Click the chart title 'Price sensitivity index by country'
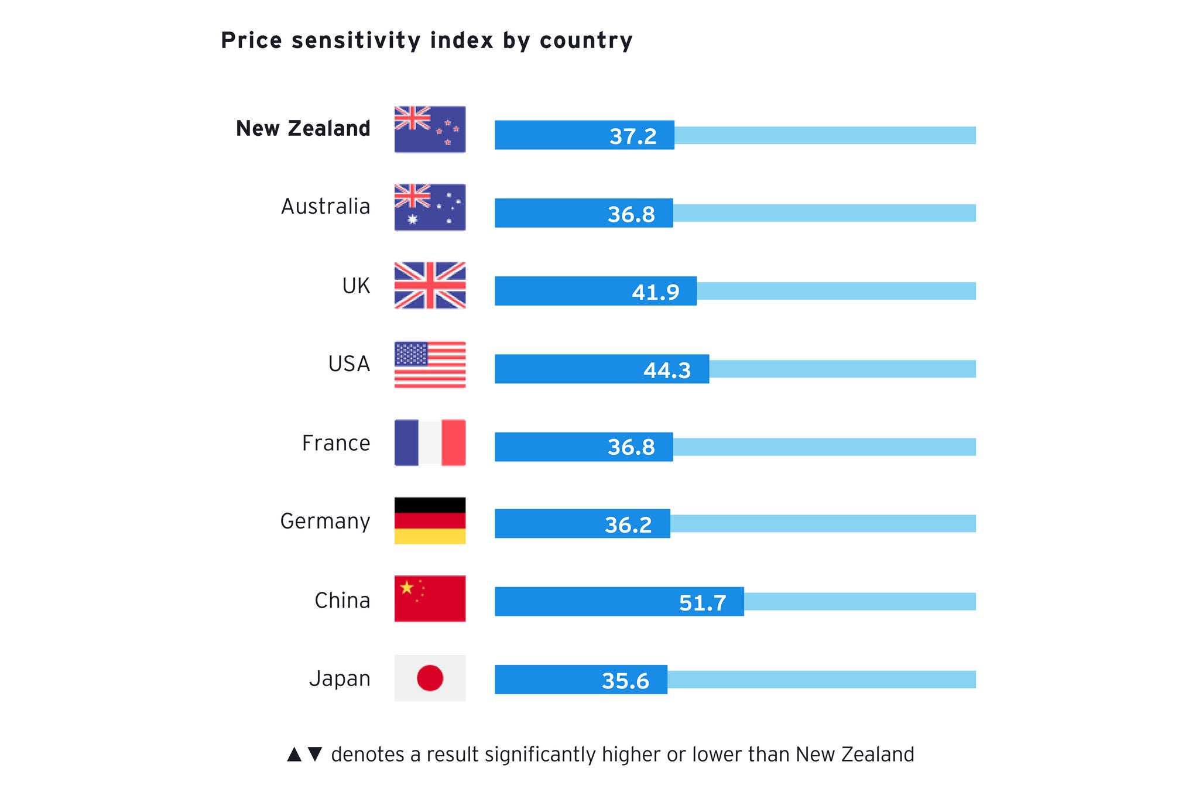click(x=427, y=40)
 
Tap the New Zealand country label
click(x=303, y=128)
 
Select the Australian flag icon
click(x=430, y=207)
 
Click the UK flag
click(x=430, y=285)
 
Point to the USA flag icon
click(x=430, y=364)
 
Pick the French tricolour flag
click(x=430, y=443)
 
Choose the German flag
click(x=430, y=520)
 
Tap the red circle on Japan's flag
click(x=430, y=678)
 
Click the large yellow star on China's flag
click(x=406, y=587)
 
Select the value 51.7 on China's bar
click(x=703, y=602)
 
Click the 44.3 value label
click(x=667, y=370)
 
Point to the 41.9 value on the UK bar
click(x=655, y=292)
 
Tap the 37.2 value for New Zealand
click(x=633, y=136)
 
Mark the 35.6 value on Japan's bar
click(x=625, y=681)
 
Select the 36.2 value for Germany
click(x=628, y=524)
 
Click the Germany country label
click(x=325, y=521)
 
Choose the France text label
click(x=336, y=443)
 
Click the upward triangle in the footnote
click(x=294, y=754)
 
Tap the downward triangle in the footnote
click(x=315, y=754)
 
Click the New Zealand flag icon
click(x=430, y=129)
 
